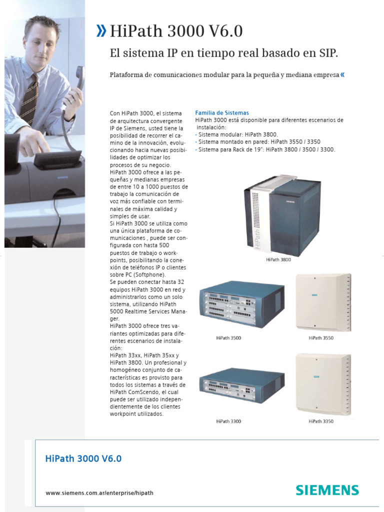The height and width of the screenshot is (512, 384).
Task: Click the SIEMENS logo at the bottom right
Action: pyautogui.click(x=327, y=490)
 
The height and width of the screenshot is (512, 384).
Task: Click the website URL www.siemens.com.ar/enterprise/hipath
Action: pyautogui.click(x=99, y=492)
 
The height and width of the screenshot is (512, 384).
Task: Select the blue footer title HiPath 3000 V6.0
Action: pyautogui.click(x=83, y=458)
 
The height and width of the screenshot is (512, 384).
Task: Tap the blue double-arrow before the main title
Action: pyautogui.click(x=101, y=32)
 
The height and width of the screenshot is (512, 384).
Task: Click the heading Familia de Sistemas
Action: pyautogui.click(x=221, y=113)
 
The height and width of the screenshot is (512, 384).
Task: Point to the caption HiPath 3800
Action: pyautogui.click(x=278, y=260)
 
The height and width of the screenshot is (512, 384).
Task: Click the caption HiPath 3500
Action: pyautogui.click(x=228, y=338)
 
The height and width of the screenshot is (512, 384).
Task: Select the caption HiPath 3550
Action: pyautogui.click(x=321, y=338)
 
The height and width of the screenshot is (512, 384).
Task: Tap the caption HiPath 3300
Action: pyautogui.click(x=228, y=421)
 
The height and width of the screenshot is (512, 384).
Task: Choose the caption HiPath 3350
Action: pyautogui.click(x=321, y=421)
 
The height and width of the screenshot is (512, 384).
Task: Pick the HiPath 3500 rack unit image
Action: pyautogui.click(x=241, y=304)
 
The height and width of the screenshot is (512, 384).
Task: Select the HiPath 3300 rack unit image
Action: pyautogui.click(x=241, y=385)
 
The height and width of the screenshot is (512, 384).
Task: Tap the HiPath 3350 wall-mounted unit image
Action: pyautogui.click(x=323, y=384)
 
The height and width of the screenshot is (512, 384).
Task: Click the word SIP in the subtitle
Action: pyautogui.click(x=327, y=53)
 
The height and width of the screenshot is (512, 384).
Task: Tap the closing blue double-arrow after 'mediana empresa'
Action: pyautogui.click(x=342, y=75)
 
